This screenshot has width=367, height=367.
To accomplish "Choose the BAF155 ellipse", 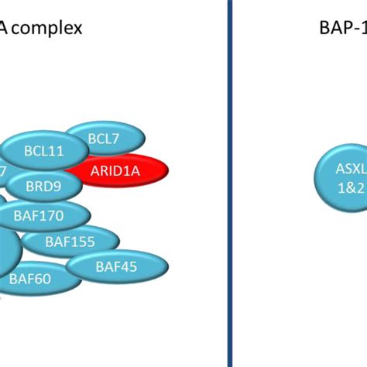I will click(x=70, y=242).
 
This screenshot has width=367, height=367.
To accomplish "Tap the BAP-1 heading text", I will click(x=341, y=29).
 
